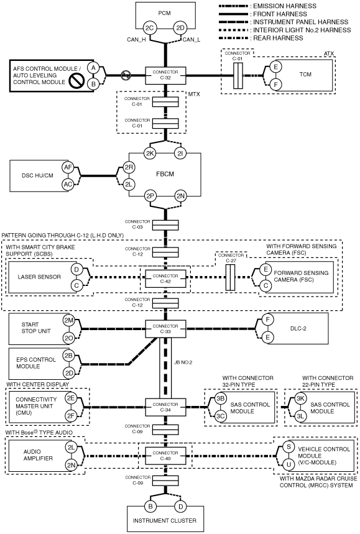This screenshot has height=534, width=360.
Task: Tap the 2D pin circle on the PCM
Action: point(180,28)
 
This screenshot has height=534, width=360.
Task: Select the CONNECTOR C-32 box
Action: point(165,75)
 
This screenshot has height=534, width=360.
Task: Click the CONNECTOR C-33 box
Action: point(165,329)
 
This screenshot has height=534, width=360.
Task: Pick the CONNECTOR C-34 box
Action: point(165,407)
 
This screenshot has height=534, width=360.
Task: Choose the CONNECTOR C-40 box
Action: point(165,456)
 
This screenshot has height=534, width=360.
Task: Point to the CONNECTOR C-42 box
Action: point(165,279)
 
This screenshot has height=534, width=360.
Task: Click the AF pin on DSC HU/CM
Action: point(68,167)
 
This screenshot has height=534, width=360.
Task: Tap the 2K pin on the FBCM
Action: point(150,154)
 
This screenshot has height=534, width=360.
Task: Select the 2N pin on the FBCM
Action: point(180,196)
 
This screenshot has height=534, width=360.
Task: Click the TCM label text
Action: point(305,74)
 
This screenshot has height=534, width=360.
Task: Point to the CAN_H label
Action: point(136,40)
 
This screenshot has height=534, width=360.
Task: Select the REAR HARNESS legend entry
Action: point(261,38)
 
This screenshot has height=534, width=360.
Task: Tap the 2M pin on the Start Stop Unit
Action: point(69,321)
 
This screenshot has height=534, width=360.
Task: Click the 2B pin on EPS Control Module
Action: point(69,356)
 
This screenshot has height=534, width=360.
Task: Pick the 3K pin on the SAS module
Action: point(300,398)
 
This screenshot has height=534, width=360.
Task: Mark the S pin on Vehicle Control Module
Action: point(289,446)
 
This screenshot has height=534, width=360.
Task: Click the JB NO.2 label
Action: point(183,362)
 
